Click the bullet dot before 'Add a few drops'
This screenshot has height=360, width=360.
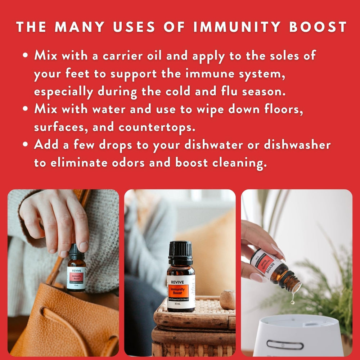[25, 145]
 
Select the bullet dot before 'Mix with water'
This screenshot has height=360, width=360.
[25, 109]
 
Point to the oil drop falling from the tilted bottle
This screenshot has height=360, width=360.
[292, 301]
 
